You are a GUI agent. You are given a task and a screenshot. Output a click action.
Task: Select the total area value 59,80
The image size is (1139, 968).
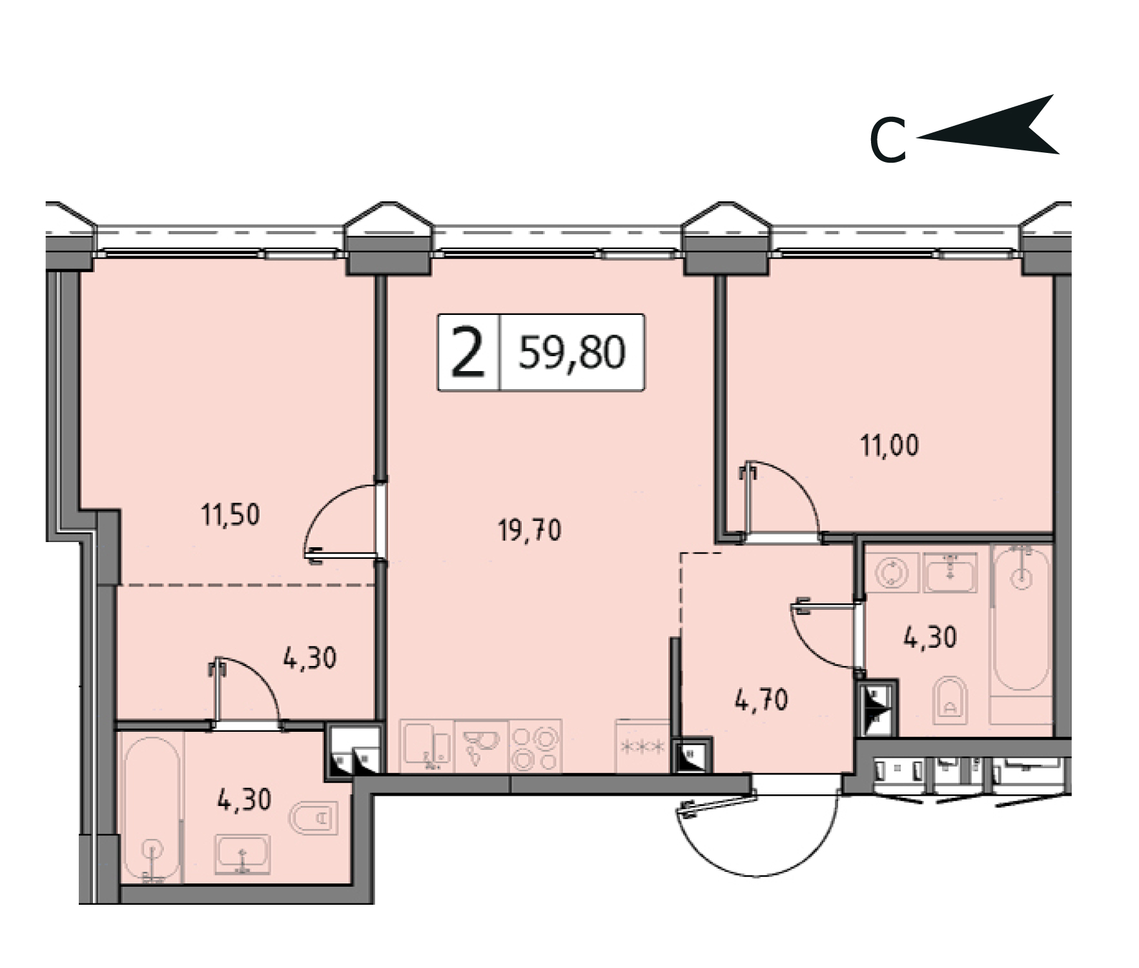pos(572,352)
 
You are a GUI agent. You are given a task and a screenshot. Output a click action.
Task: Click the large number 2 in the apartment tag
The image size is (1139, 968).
pos(468,352)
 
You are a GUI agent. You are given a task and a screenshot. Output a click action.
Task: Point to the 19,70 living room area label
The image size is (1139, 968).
pos(529,530)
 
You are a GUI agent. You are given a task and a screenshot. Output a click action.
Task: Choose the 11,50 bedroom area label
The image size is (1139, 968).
pos(230,515)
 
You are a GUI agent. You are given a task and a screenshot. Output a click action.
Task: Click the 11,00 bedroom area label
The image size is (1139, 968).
pos(889,446)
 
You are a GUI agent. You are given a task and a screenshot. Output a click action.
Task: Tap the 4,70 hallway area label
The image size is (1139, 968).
pos(761,700)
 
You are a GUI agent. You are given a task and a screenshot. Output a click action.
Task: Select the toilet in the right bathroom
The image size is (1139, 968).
pos(952,700)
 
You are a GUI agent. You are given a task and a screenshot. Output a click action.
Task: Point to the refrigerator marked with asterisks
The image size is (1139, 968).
pos(642,746)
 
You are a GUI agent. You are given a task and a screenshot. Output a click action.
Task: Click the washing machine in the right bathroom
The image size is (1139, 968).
pos(892,572)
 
